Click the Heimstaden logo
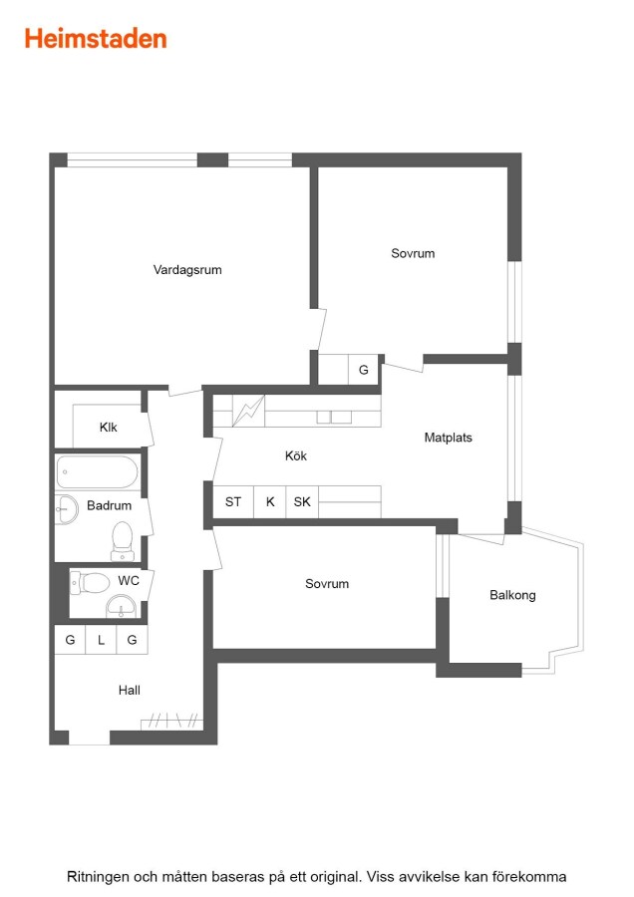point(96,39)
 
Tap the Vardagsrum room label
point(187,270)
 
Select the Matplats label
point(448,438)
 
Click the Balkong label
point(512,595)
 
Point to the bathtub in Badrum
point(97,472)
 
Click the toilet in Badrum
point(123,540)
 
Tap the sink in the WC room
point(122,606)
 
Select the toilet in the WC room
point(90,583)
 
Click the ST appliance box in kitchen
point(233,501)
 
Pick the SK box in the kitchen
point(302,501)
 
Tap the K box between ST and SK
point(270,501)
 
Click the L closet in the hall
point(101,640)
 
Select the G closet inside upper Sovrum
point(363,370)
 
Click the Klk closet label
point(108,428)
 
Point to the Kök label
point(296,455)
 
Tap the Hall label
point(130,690)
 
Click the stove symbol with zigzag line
point(248,411)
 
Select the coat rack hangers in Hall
point(171,721)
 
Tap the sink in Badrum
point(67,509)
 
